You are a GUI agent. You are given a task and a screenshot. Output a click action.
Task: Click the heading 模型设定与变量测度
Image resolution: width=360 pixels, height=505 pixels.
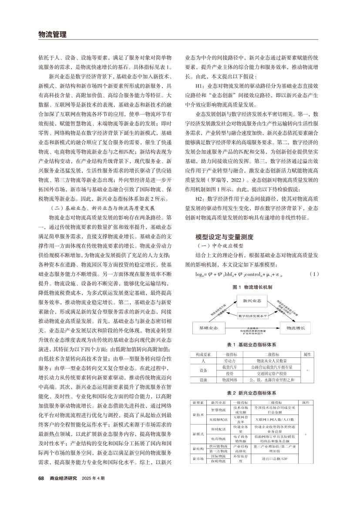coord(225,237)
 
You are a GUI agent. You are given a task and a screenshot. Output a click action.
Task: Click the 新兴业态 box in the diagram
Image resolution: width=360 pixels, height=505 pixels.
coord(252,300)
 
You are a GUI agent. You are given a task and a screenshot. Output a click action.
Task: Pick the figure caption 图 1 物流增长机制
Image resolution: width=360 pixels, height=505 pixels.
coord(252,287)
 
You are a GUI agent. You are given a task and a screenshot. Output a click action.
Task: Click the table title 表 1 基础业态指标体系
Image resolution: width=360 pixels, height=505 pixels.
coord(252,345)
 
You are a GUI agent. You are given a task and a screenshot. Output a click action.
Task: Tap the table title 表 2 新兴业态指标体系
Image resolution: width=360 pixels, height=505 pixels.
coord(252,393)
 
